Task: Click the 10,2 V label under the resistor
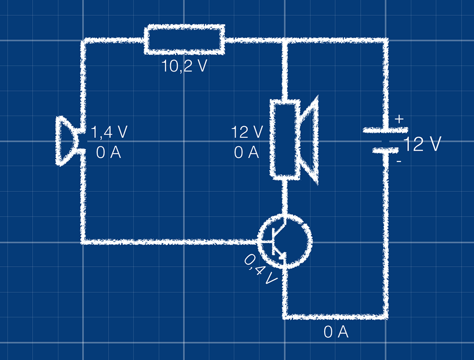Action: (x=184, y=66)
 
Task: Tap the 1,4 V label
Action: (x=109, y=132)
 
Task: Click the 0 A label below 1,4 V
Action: (x=109, y=153)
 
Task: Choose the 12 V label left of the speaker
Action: (x=247, y=132)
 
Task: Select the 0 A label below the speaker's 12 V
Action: (x=247, y=153)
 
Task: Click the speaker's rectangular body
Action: (x=285, y=138)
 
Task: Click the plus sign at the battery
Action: (x=399, y=119)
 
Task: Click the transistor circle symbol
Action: (x=285, y=241)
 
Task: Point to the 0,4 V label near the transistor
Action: (x=260, y=270)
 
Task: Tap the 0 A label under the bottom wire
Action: (x=336, y=333)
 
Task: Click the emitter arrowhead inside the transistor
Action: (x=283, y=256)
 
